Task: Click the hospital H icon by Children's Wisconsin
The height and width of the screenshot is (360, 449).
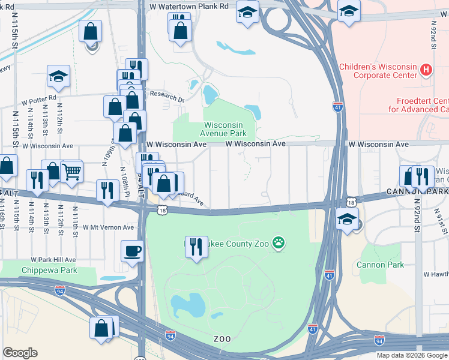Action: pyautogui.click(x=426, y=70)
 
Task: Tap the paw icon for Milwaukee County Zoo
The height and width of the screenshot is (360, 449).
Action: pyautogui.click(x=279, y=242)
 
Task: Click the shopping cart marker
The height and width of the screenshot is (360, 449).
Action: pyautogui.click(x=71, y=171)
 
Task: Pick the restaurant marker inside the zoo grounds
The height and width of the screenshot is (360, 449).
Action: pyautogui.click(x=196, y=247)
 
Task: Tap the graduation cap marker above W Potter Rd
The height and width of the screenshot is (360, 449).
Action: pyautogui.click(x=58, y=76)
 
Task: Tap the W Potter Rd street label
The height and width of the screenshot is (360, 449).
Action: pyautogui.click(x=39, y=97)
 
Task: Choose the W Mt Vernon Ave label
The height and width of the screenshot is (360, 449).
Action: pyautogui.click(x=109, y=227)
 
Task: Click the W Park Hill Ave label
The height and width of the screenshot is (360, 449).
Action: pyautogui.click(x=54, y=260)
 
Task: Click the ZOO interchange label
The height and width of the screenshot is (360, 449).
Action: pyautogui.click(x=222, y=339)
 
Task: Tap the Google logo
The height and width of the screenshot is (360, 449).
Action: pyautogui.click(x=20, y=353)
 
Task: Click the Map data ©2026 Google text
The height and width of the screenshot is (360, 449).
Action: pyautogui.click(x=412, y=355)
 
